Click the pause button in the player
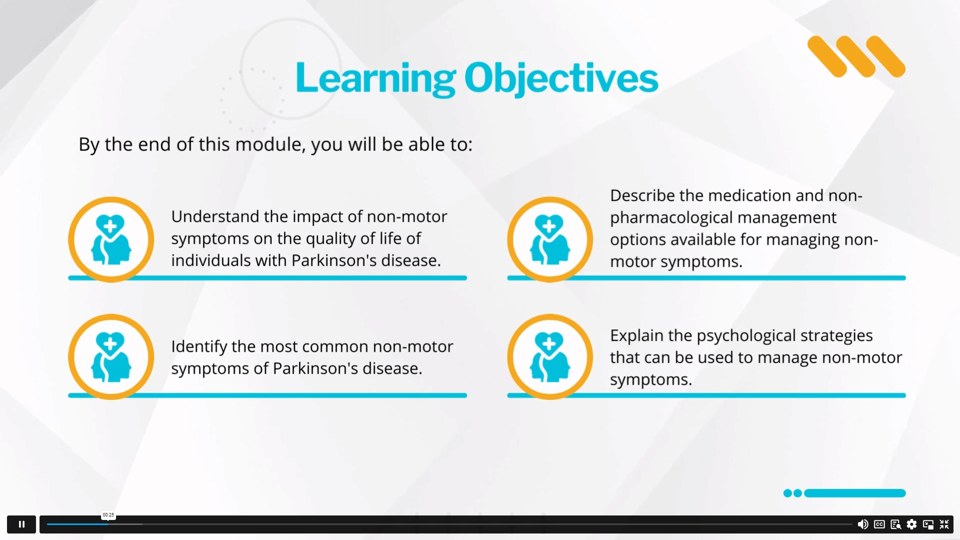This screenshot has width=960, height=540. (x=22, y=524)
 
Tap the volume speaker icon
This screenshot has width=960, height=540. (x=863, y=524)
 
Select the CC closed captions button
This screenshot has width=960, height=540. (x=879, y=524)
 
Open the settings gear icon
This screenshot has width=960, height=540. (x=912, y=524)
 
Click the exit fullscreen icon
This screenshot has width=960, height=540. (x=944, y=524)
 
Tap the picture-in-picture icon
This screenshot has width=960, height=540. (x=928, y=524)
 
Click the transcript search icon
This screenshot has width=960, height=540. (x=896, y=524)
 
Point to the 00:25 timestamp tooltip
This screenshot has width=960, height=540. (x=109, y=515)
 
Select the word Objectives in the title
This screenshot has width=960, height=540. (x=561, y=78)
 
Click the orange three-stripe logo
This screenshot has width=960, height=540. (x=856, y=57)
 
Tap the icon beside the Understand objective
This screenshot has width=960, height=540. (x=111, y=239)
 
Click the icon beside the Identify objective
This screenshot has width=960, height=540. (x=111, y=357)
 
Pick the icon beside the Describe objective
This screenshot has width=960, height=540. (x=550, y=239)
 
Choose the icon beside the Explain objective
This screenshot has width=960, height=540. (x=550, y=357)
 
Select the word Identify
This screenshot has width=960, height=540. (x=199, y=347)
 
